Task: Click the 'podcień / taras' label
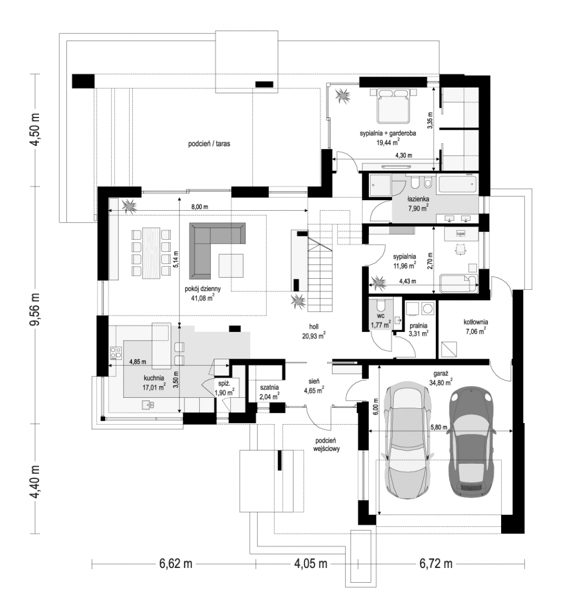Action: tap(209, 143)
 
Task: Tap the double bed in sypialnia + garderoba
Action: tap(393, 106)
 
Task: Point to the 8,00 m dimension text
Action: tap(200, 207)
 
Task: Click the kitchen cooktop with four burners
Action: tap(116, 353)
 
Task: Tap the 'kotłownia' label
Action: tap(476, 322)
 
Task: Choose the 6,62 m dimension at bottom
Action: tap(175, 563)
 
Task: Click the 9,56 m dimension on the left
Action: tap(36, 310)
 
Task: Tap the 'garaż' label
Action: tap(441, 373)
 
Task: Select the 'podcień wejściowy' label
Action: tap(326, 444)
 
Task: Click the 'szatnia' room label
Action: tap(269, 388)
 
